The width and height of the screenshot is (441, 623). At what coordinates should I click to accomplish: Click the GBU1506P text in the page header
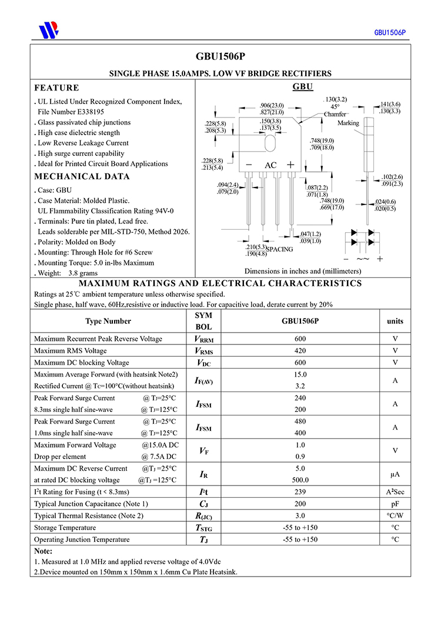click(390, 32)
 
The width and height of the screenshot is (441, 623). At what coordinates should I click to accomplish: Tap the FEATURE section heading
click(56, 88)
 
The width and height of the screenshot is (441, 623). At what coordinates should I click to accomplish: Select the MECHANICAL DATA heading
click(82, 176)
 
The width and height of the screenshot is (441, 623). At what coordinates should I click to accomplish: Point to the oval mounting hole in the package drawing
click(270, 143)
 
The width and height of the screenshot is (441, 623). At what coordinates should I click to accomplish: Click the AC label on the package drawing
click(270, 166)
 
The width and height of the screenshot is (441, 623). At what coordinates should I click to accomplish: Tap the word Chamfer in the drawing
click(335, 115)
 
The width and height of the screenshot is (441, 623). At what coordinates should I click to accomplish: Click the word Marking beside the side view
click(348, 123)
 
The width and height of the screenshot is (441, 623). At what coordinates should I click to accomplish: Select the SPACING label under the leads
click(280, 250)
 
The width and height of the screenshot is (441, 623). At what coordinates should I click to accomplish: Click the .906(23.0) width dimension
click(272, 105)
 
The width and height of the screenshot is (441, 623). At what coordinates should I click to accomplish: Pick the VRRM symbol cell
click(203, 339)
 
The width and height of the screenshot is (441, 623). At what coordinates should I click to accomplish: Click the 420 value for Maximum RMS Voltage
click(300, 351)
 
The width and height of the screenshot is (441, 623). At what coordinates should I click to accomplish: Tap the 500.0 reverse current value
click(300, 480)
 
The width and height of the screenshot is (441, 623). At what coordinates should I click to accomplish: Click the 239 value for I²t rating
click(300, 492)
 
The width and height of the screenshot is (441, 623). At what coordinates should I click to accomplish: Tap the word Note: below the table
click(44, 551)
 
